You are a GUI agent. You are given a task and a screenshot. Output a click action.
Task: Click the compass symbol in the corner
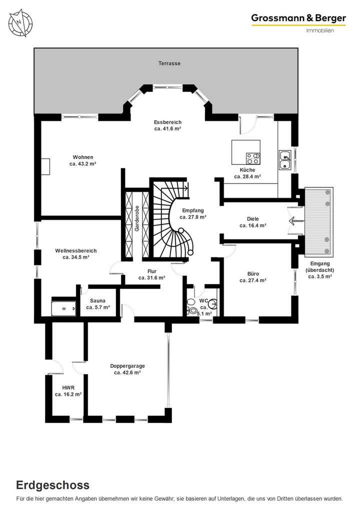[x=20, y=22]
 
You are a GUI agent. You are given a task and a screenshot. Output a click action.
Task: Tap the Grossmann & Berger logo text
[x=298, y=18]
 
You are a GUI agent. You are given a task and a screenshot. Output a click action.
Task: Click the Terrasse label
[x=169, y=63]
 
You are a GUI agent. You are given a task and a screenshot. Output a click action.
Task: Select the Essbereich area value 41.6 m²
[x=167, y=128]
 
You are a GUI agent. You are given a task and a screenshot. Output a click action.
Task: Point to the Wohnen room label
[x=82, y=157]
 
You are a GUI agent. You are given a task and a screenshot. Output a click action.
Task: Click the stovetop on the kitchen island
[x=252, y=158]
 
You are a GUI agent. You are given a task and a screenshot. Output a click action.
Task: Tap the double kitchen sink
[x=285, y=160]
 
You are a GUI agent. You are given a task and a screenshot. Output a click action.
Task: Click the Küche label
[x=247, y=170]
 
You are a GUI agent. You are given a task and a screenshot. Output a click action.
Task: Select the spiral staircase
[x=172, y=220]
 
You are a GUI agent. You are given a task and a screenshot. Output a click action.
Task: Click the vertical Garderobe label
[x=136, y=218]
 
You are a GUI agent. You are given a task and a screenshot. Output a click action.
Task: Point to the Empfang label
[x=193, y=210]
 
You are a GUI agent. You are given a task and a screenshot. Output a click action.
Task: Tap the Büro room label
[x=253, y=273]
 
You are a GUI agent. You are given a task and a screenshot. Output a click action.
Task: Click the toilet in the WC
[x=191, y=306]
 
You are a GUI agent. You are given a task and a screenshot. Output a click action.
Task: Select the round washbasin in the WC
[x=212, y=303]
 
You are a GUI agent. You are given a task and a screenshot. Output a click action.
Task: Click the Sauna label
[x=97, y=300]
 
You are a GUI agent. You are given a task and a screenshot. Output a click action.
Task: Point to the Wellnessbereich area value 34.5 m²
[x=76, y=257]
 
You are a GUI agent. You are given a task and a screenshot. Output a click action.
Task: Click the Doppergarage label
[x=127, y=365]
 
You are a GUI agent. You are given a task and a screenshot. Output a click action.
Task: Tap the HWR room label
[x=68, y=387]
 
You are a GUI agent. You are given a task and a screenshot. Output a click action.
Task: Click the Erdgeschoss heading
[x=53, y=484]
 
